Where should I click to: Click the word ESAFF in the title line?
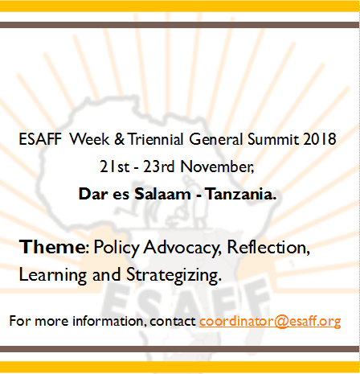point(40,139)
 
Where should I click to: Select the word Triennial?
point(156,139)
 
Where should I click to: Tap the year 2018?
point(320,139)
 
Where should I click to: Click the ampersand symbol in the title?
point(119,139)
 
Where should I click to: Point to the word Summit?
point(273,139)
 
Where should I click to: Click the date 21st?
point(115,166)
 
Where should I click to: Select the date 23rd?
point(159,166)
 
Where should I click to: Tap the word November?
point(217,166)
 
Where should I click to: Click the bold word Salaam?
point(162,194)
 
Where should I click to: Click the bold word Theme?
point(52,247)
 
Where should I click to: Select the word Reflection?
point(268,247)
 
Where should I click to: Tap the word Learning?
point(53,275)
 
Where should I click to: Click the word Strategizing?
point(174,275)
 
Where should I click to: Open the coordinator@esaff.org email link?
point(270,321)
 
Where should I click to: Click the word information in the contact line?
point(109,321)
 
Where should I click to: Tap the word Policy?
point(117,247)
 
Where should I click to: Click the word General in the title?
point(216,139)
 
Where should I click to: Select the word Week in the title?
point(89,139)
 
